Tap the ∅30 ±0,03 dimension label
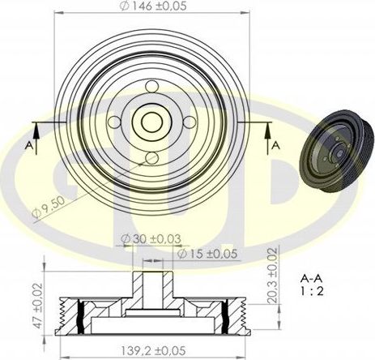(152, 239)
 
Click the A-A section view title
(312, 276)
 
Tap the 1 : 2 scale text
(312, 290)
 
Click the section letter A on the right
(276, 144)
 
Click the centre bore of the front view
(151, 122)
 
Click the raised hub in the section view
(152, 288)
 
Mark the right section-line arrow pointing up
(266, 128)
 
